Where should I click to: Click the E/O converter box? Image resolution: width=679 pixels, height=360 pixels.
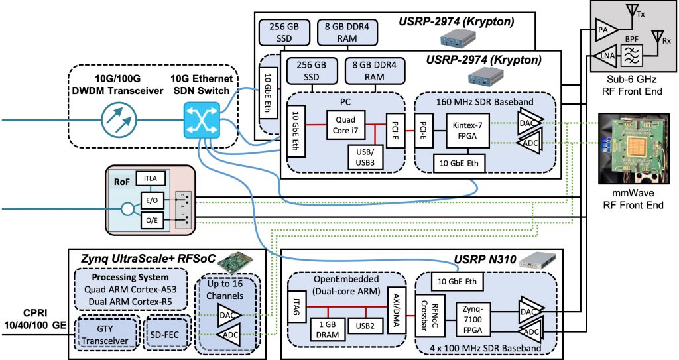coord(149,199)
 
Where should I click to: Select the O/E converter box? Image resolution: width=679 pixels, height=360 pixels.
coord(149,219)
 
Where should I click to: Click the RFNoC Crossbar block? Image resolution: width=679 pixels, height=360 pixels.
coord(431,312)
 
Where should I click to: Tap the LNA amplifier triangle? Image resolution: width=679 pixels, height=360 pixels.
coord(605,55)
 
